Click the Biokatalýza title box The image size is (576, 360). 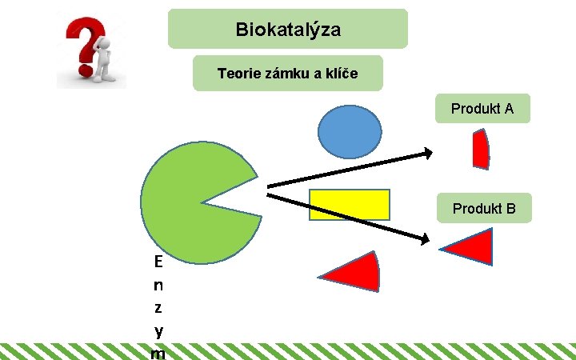tap(288, 30)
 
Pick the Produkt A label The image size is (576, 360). tap(482, 108)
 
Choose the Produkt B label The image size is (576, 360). tap(484, 209)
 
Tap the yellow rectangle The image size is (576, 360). tap(350, 204)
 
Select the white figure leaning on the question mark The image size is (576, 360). tap(102, 62)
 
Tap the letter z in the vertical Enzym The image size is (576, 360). tap(158, 307)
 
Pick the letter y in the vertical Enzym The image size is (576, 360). tap(158, 330)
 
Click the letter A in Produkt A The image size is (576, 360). tap(509, 108)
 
